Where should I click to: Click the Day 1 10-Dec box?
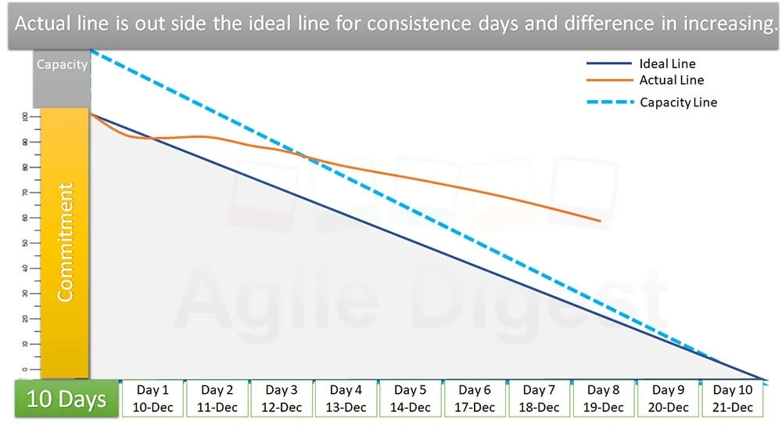152,399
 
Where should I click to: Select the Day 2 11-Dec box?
217,399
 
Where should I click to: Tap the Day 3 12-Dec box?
282,399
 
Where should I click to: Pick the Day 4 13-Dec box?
346,399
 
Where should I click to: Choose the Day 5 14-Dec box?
411,399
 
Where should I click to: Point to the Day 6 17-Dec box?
475,399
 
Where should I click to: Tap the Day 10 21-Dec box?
733,399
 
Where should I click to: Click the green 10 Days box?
66,399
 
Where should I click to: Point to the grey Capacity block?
62,77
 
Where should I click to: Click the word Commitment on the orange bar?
66,242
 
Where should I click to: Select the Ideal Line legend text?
666,64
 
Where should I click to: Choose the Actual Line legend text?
671,80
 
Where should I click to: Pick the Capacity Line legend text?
678,103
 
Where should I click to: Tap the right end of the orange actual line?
600,221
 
